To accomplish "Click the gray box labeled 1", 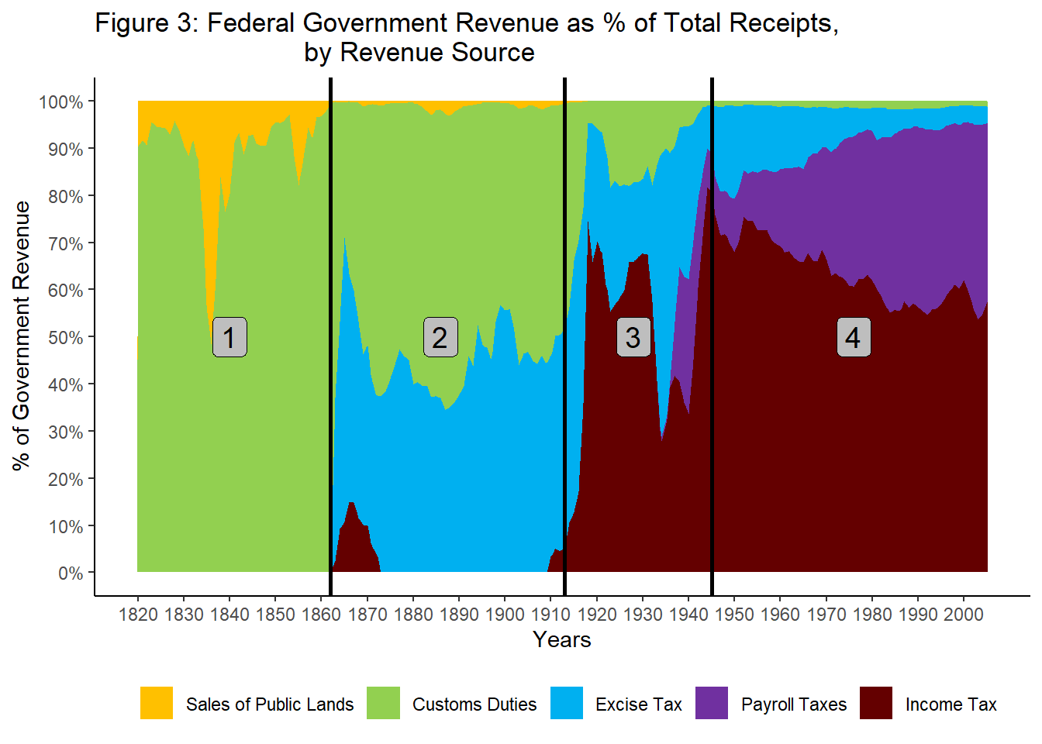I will tap(229, 337).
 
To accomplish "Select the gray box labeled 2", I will tap(440, 337).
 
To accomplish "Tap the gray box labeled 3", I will tap(633, 337).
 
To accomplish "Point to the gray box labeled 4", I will tap(853, 337).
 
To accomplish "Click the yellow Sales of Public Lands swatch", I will tap(157, 703).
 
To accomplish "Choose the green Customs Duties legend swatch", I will tap(383, 703).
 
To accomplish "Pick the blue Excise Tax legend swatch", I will tap(567, 703).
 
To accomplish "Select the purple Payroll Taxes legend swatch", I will tap(712, 703).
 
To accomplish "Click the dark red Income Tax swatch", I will tap(876, 703).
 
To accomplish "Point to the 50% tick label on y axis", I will tap(66, 338).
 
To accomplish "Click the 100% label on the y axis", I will tap(61, 102).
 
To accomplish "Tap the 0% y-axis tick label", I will tap(71, 573).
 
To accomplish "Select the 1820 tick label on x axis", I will tap(138, 615).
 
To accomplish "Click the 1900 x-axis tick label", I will tap(505, 615).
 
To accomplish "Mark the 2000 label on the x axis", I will tap(964, 615).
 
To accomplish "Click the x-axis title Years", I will tap(562, 640).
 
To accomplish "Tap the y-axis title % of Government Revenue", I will tap(22, 336).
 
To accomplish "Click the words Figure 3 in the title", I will tap(147, 23).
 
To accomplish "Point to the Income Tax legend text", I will tap(951, 704).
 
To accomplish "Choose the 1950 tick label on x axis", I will tap(734, 615).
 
